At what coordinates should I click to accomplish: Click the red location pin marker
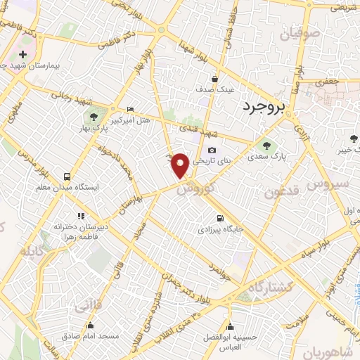181,165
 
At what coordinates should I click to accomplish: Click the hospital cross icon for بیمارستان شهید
23,54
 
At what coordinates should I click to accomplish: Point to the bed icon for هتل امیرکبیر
131,109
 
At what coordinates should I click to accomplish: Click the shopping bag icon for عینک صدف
214,79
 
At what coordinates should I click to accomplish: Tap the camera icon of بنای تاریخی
212,150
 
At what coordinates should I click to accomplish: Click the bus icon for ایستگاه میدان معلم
67,177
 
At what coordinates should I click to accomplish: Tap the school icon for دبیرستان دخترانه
81,216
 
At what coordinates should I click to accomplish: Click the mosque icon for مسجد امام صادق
90,325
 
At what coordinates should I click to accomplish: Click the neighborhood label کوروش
194,186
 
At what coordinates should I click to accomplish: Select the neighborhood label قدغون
282,191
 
